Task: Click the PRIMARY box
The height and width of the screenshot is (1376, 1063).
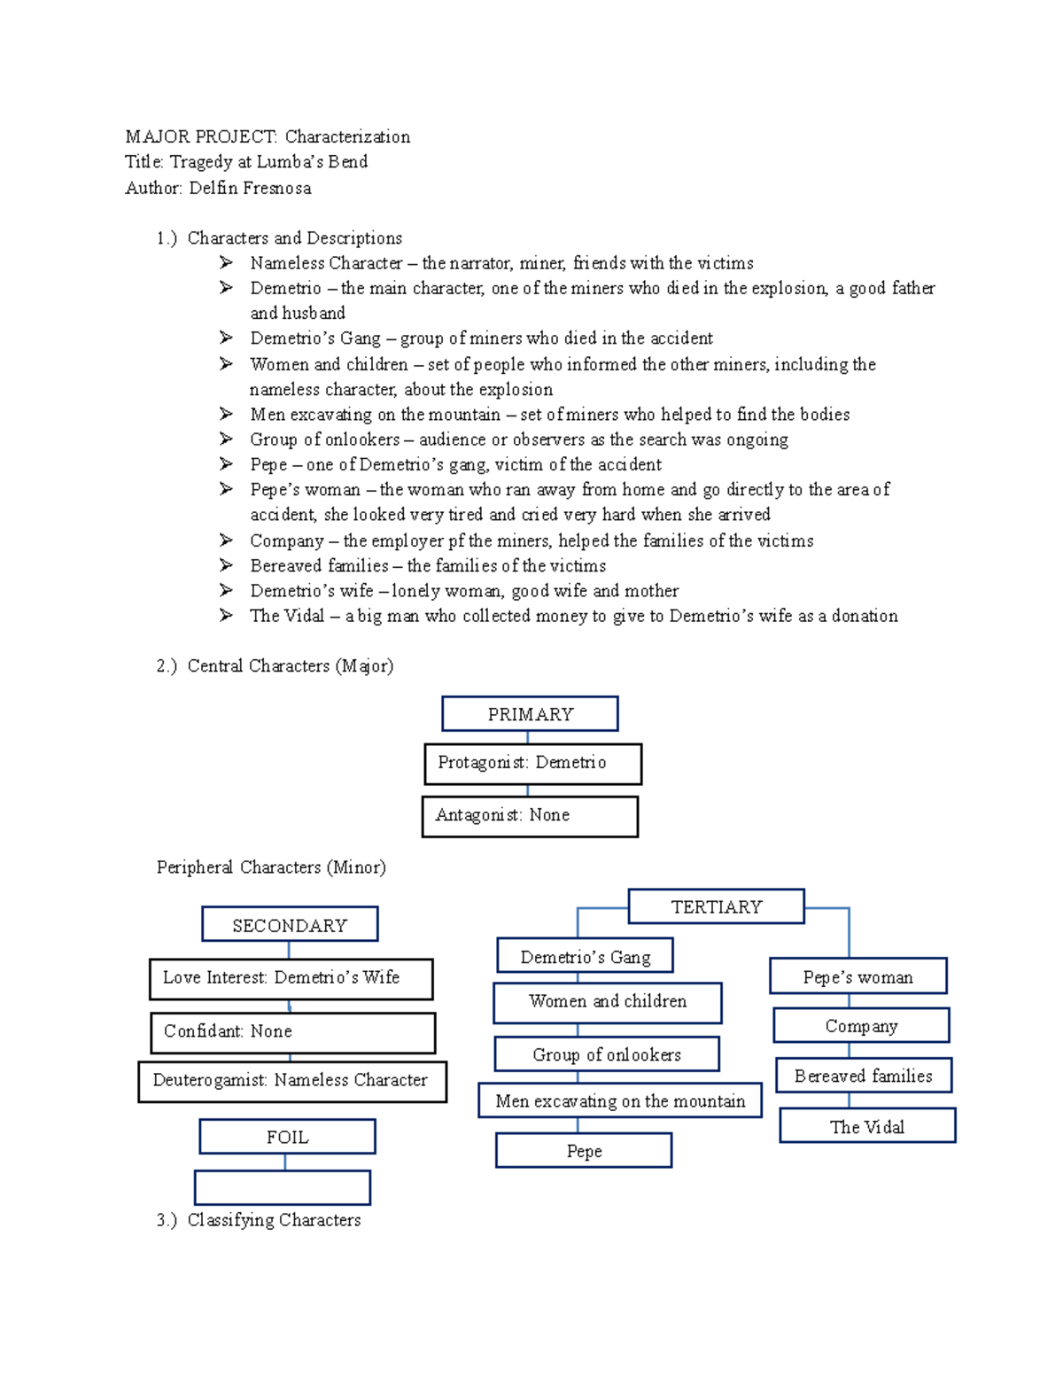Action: (530, 714)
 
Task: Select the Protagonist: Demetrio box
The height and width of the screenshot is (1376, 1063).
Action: (532, 764)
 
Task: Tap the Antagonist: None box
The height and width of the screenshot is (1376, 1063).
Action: (530, 816)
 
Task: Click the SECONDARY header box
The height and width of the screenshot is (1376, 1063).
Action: (290, 924)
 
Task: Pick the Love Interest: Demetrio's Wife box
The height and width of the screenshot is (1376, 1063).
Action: (291, 978)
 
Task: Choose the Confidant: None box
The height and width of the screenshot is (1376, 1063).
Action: (292, 1032)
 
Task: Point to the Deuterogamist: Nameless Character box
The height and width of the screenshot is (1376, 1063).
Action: (291, 1081)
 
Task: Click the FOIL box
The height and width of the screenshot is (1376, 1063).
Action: (287, 1137)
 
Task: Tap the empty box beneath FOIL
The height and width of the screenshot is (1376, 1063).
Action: (283, 1187)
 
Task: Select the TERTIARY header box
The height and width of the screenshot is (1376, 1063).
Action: (716, 906)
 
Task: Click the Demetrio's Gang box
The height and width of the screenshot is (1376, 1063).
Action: (585, 956)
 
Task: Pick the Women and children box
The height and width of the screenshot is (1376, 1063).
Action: (607, 1002)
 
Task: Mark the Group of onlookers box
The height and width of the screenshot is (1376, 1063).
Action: (607, 1054)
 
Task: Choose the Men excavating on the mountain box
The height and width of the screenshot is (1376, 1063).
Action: (619, 1100)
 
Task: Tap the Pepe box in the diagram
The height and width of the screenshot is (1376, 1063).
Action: (584, 1151)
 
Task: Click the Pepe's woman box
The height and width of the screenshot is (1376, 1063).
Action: (857, 976)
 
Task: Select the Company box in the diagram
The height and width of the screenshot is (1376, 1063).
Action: (861, 1025)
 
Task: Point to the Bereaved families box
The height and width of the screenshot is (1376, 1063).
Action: (864, 1076)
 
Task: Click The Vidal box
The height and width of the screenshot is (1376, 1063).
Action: (867, 1126)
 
